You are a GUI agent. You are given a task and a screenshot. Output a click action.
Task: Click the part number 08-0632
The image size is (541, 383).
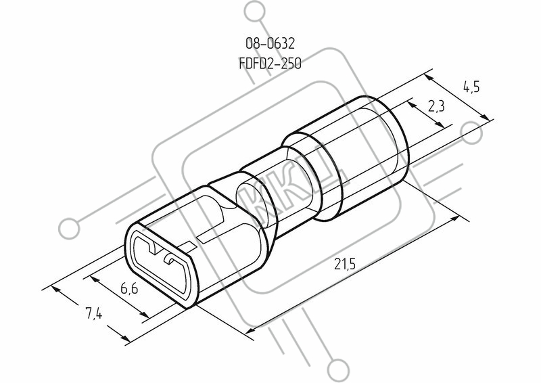(x=270, y=43)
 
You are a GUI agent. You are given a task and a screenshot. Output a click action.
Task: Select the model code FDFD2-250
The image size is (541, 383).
(x=270, y=64)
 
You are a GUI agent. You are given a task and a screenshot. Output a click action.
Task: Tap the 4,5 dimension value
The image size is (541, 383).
(x=471, y=87)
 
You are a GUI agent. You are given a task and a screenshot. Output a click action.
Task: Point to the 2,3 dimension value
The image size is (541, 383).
(x=436, y=107)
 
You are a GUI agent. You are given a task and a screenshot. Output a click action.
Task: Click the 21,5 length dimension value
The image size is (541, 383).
(x=344, y=264)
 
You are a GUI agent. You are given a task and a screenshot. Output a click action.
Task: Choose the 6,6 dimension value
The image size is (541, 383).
(x=129, y=288)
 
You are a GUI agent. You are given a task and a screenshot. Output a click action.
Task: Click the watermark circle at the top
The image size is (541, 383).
(x=255, y=12)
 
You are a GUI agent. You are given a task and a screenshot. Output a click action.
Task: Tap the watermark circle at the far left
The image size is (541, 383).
(x=69, y=229)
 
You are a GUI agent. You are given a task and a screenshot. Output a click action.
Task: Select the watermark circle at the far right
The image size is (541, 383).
(x=471, y=133)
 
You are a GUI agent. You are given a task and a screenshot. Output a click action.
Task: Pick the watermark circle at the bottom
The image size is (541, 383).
(x=339, y=371)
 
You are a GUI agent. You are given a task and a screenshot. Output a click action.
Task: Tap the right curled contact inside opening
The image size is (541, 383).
(x=170, y=260)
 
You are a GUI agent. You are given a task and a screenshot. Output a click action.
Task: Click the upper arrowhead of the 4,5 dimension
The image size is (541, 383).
(x=429, y=78)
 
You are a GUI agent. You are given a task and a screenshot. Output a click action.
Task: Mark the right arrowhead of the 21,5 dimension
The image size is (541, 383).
(x=454, y=219)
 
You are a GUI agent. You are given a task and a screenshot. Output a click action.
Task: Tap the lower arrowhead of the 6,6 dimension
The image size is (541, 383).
(x=145, y=314)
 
